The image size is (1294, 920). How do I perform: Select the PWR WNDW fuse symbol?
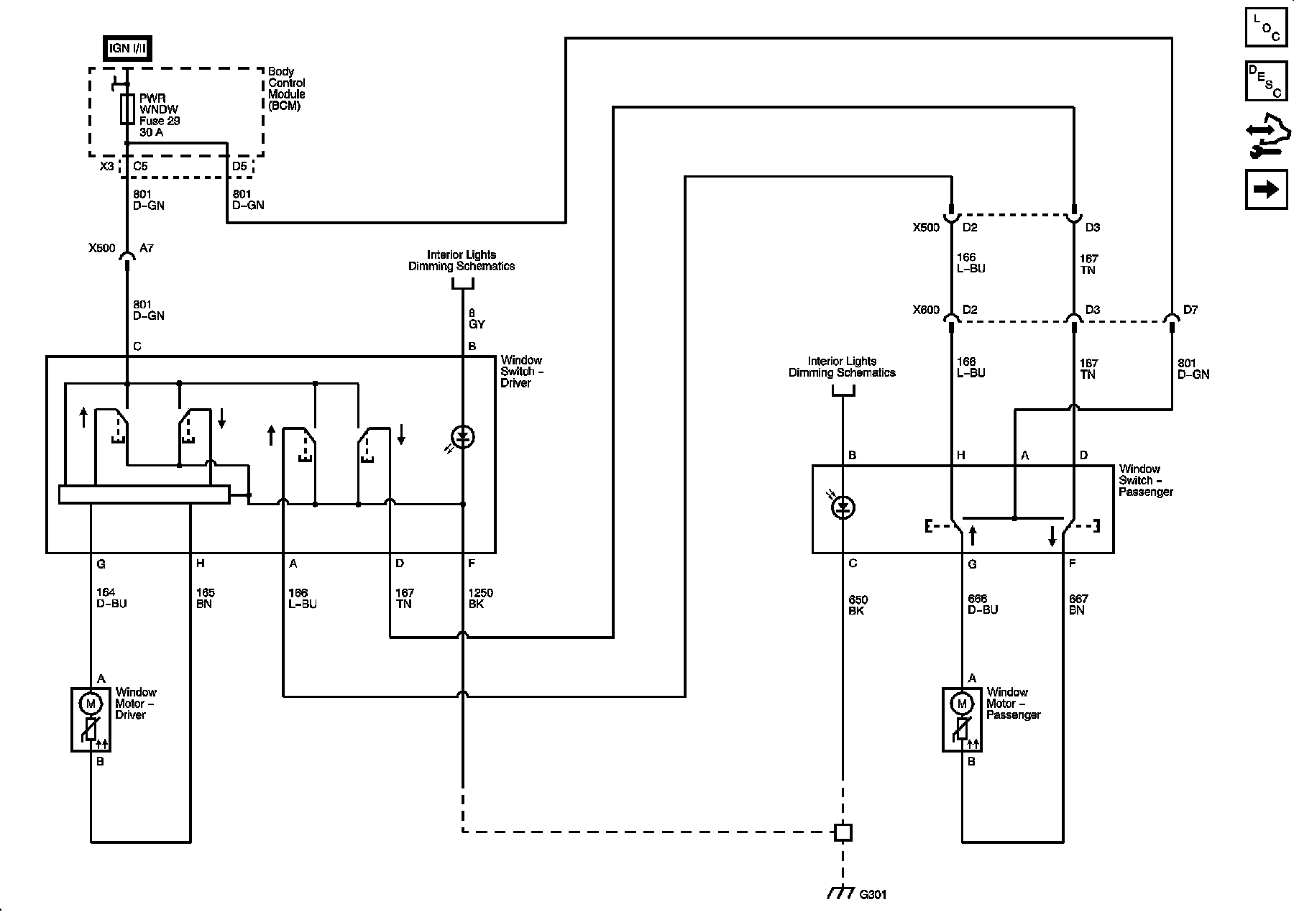128,109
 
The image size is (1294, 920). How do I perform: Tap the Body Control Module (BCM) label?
286,88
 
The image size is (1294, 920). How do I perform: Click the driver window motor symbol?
91,719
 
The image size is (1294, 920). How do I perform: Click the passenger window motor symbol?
962,719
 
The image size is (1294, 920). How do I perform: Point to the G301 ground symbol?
841,893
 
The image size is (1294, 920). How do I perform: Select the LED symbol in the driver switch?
462,437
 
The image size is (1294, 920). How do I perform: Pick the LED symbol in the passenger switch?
843,507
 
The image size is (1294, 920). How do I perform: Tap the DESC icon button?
1266,81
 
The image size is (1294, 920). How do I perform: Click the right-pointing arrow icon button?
1266,189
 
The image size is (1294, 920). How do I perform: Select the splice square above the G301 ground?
843,832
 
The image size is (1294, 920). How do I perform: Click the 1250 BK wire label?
480,599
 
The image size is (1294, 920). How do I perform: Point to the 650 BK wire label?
858,605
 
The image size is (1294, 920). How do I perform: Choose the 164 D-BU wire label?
111,598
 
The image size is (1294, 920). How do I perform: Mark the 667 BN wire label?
1078,604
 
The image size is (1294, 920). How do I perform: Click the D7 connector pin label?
1190,310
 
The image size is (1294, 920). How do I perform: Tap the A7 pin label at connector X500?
147,248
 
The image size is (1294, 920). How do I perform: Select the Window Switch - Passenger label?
1145,480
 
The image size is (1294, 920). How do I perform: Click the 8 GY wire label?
477,318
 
